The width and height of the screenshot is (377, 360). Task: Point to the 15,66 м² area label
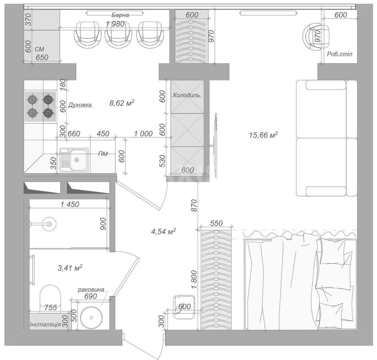pos(263,135)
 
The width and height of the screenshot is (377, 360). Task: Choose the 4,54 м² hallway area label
pos(163,232)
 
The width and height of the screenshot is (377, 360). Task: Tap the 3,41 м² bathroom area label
pos(70,268)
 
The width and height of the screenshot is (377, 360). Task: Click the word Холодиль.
pos(187,95)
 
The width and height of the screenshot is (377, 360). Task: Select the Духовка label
pos(80,105)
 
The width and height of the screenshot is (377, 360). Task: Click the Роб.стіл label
pos(340,54)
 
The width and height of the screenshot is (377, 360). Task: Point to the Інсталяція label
pos(46,324)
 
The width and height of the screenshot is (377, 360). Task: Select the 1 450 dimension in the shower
pos(70,204)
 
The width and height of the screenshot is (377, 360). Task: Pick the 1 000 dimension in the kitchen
pos(143,134)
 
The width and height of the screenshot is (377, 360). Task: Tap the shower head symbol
pos(49,224)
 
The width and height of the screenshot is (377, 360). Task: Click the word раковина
pos(91,290)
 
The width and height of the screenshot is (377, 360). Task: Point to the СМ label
pos(40,49)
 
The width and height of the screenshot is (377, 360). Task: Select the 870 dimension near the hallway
pos(194,205)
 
